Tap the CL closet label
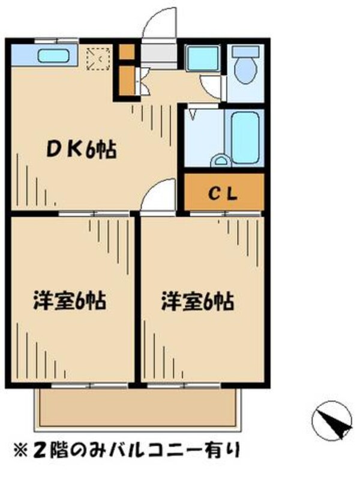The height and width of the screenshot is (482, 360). pos(223,193)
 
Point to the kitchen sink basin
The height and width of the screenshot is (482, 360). pos(53,58)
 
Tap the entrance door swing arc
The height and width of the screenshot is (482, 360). pos(161,25)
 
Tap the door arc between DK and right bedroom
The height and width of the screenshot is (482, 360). pos(157,198)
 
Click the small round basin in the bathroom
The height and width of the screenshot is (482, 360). pos(221,161)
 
